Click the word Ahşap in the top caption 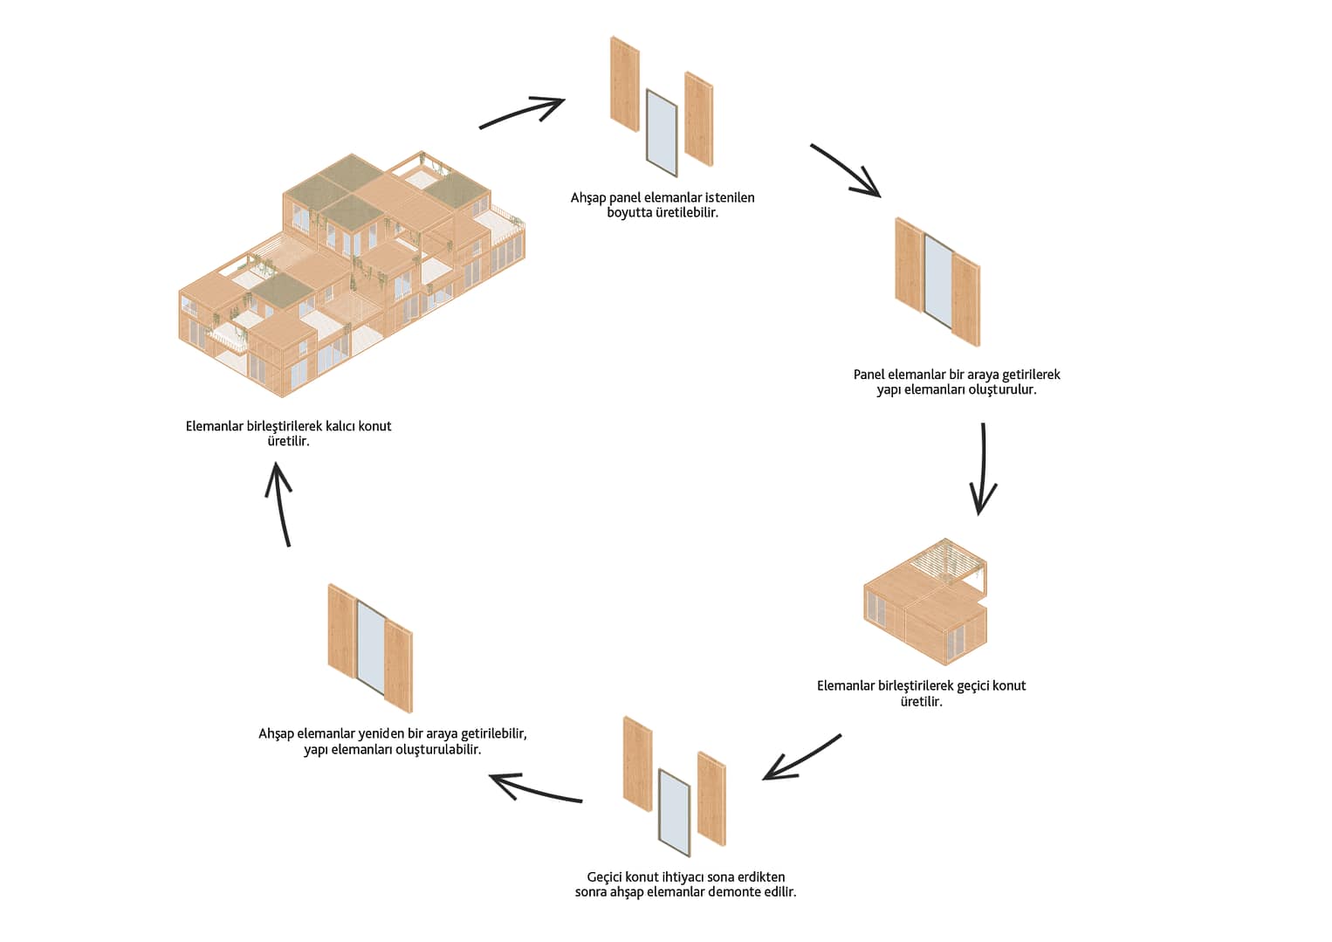[x=588, y=198]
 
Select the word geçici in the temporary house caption [x=972, y=686]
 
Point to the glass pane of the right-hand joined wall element [x=937, y=281]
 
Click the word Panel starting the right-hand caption [x=869, y=375]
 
